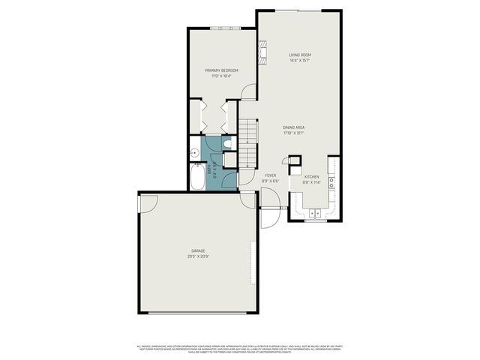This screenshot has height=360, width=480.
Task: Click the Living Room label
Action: [x=300, y=55]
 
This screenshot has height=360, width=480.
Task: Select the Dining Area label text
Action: [x=293, y=127]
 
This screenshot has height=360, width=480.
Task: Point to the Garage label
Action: [x=199, y=250]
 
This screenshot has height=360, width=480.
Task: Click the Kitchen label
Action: [x=311, y=177]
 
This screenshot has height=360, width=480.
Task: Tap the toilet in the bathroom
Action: [x=229, y=143]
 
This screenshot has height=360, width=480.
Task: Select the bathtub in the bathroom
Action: [x=197, y=178]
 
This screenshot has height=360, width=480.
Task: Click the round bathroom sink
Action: [x=193, y=148]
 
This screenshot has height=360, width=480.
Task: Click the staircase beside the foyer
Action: [x=249, y=142]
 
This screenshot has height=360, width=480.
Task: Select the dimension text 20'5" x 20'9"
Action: [x=199, y=256]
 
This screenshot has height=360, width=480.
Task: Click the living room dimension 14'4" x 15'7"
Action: [x=300, y=61]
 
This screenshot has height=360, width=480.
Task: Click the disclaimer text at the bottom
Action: [x=240, y=348]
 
